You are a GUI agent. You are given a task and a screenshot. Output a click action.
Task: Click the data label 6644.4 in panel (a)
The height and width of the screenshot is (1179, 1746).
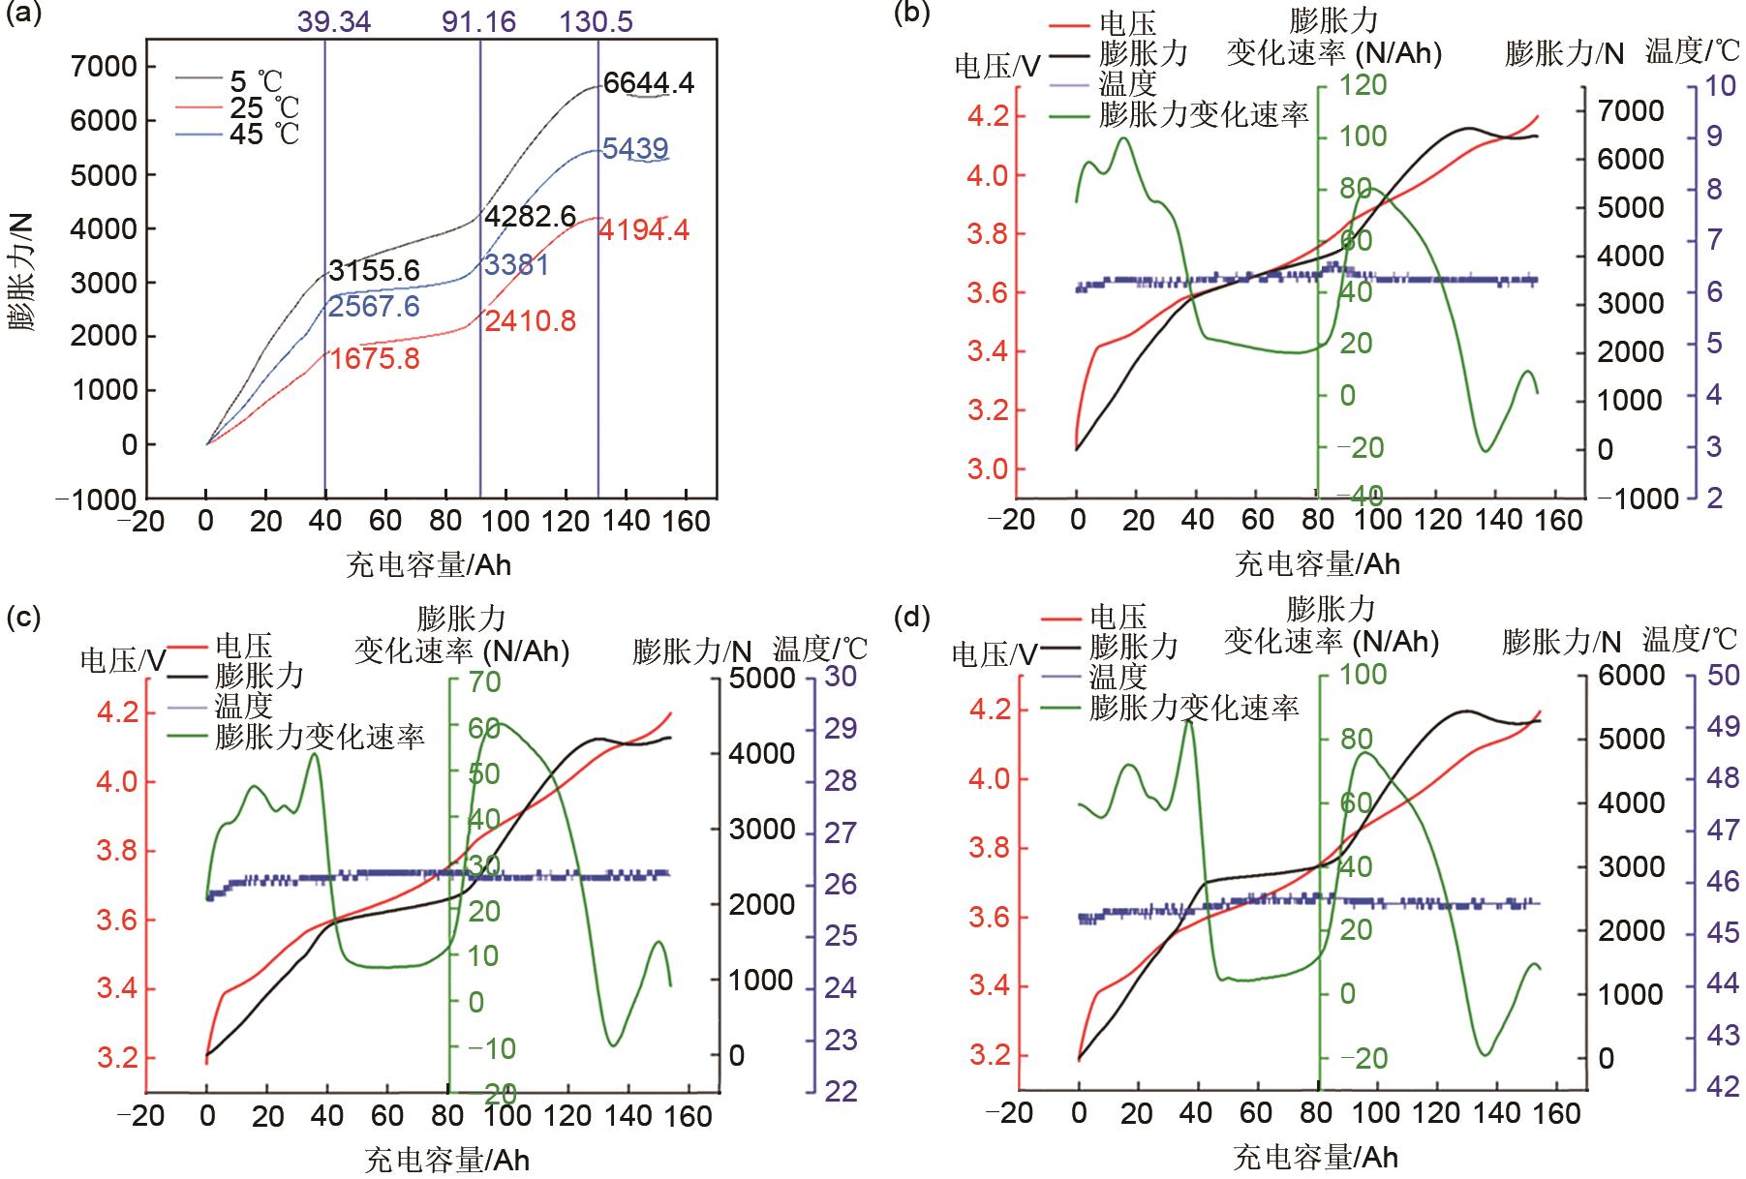(648, 83)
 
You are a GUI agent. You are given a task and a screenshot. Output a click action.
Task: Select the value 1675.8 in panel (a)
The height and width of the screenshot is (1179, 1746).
(375, 359)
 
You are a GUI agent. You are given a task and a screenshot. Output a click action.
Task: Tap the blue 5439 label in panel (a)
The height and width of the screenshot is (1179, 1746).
(634, 149)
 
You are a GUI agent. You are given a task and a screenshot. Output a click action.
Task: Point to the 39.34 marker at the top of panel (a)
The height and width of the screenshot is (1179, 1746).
(334, 21)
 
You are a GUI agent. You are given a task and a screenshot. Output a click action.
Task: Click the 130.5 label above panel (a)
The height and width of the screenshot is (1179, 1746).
(597, 21)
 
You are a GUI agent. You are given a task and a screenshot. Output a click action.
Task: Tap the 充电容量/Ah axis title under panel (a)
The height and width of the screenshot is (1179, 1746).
(429, 564)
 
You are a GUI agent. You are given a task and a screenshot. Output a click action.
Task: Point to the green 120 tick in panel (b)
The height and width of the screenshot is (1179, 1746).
(1363, 85)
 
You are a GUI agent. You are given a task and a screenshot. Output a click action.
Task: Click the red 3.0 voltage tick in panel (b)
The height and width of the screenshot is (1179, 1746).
(989, 469)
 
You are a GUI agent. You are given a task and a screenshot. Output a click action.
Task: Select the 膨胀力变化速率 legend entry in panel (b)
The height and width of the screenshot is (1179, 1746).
(1204, 115)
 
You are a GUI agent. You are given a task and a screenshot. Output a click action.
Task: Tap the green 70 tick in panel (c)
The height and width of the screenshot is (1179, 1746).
(484, 682)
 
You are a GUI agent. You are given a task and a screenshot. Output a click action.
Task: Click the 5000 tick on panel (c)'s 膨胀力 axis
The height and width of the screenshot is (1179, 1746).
(760, 679)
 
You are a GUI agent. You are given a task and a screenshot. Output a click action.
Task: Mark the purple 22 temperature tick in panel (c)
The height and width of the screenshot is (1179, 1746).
(841, 1091)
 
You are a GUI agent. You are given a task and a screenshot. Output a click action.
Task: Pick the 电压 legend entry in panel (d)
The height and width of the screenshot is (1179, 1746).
(1118, 617)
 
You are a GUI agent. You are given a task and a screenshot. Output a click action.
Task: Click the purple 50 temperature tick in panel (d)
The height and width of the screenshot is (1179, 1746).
(1722, 675)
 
